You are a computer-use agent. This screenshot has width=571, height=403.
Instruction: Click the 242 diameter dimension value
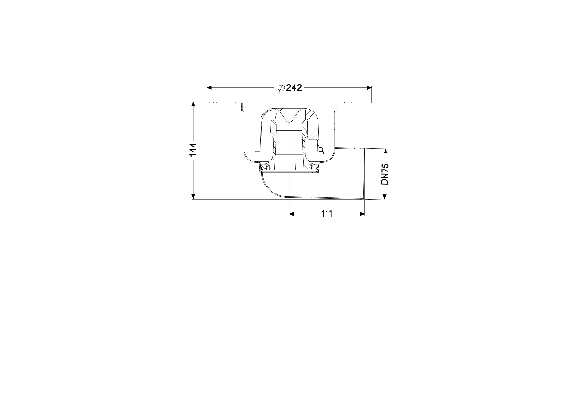pos(294,87)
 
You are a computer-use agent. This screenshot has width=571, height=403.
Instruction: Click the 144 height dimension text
pos(193,150)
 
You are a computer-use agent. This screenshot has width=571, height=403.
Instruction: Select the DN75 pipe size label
pos(385,174)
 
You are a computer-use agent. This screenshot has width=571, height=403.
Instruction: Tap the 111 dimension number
pos(327,214)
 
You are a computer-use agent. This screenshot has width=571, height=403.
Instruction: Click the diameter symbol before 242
pos(281,88)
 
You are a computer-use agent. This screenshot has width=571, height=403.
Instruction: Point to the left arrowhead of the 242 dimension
pos(210,87)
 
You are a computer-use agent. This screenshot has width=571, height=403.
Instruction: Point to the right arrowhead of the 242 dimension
pos(368,87)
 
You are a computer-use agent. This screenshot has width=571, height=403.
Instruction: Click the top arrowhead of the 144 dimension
pos(194,103)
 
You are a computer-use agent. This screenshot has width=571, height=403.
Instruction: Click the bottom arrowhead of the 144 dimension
pos(194,197)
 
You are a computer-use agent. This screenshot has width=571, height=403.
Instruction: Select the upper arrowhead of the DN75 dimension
pos(385,151)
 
